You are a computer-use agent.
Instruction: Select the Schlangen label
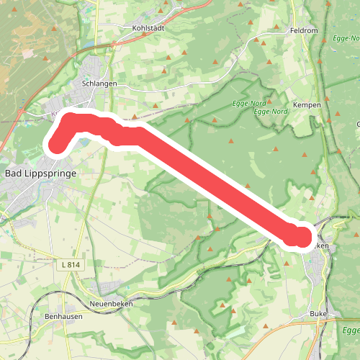[99, 83]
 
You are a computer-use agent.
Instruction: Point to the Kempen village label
[307, 104]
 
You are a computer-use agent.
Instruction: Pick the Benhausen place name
[64, 316]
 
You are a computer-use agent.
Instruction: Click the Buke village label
[318, 314]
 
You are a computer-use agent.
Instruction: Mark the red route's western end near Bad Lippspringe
[56, 145]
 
